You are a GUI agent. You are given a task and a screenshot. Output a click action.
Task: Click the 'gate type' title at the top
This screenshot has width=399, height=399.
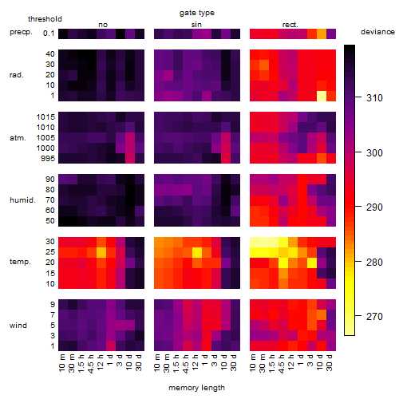coord(197,13)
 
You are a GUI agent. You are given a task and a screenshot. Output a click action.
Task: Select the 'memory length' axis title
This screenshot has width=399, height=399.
coord(196,388)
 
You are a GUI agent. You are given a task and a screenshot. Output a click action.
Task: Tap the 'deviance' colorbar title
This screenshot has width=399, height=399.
coord(377,32)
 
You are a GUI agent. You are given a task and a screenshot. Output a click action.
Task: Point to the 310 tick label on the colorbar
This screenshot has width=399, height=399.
coord(374,98)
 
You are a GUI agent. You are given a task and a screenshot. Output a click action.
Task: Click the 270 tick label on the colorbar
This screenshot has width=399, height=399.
coord(374,317)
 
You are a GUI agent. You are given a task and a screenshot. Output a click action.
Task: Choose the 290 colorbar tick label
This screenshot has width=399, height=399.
coord(374,207)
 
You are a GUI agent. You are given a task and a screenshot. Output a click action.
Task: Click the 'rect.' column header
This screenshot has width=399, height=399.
coord(290,25)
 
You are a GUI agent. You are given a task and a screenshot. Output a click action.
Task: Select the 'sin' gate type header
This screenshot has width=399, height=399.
coord(196,25)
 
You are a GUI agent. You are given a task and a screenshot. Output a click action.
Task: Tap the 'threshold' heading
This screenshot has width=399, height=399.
coord(45,19)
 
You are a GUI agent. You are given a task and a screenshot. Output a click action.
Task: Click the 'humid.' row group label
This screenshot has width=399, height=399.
coord(22,200)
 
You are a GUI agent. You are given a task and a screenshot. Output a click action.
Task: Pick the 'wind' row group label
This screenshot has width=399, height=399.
coord(18,326)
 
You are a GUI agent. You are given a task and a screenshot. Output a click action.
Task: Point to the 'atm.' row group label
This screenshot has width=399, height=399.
coord(18,138)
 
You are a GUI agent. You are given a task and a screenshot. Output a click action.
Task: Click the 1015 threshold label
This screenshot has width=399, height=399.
coord(45,117)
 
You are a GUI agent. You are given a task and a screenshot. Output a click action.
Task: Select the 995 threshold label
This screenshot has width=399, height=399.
coord(48,159)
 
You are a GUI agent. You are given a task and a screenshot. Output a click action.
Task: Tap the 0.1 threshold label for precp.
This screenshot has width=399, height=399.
coord(49,34)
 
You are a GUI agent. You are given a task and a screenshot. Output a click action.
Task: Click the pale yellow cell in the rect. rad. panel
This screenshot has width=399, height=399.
coord(322,96)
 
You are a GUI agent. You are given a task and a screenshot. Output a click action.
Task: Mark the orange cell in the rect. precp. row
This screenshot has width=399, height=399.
coord(322,34)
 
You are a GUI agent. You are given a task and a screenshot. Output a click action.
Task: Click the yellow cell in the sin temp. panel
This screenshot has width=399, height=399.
coord(197,252)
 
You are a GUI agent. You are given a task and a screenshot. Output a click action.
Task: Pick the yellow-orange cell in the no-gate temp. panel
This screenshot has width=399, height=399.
coord(101,252)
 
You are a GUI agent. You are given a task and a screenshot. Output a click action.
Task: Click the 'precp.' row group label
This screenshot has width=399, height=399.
coord(21,32)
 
